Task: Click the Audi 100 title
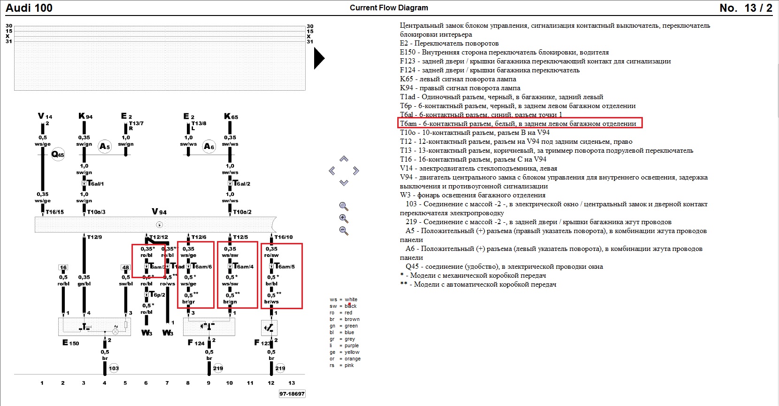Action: tap(29, 8)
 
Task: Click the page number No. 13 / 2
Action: tap(745, 8)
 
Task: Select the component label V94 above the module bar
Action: tap(159, 212)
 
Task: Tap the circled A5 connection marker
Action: tap(105, 146)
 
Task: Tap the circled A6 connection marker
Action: tap(209, 146)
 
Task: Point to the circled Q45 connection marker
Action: tap(58, 154)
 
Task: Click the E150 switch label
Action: tap(71, 343)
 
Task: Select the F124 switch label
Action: tap(196, 343)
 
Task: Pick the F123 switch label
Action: tap(262, 343)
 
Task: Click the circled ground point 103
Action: tap(114, 368)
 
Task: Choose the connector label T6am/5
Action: tap(285, 266)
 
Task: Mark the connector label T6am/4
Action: tap(243, 266)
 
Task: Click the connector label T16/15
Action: tap(54, 212)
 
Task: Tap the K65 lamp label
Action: tap(231, 117)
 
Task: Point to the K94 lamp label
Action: tap(85, 117)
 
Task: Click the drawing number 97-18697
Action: tap(292, 394)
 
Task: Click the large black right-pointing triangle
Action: tap(319, 59)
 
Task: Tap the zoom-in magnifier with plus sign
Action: tap(344, 219)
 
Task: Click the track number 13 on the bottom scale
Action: tap(292, 383)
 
